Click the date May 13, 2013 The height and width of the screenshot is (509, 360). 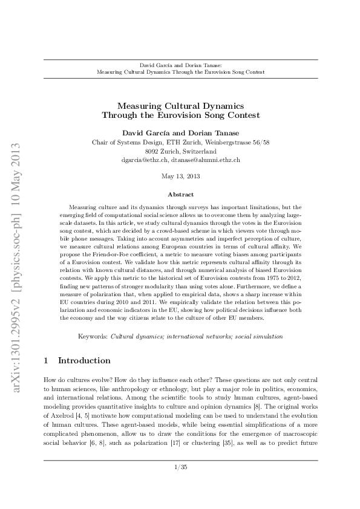pos(181,177)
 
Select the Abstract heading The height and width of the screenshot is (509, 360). pos(181,195)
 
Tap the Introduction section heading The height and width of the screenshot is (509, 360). pos(84,361)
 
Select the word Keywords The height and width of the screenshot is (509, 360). pos(93,336)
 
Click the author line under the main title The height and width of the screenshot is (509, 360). pos(181,132)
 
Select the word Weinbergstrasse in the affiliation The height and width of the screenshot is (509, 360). pos(231,142)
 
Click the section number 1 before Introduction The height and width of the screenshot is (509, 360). pos(47,361)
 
